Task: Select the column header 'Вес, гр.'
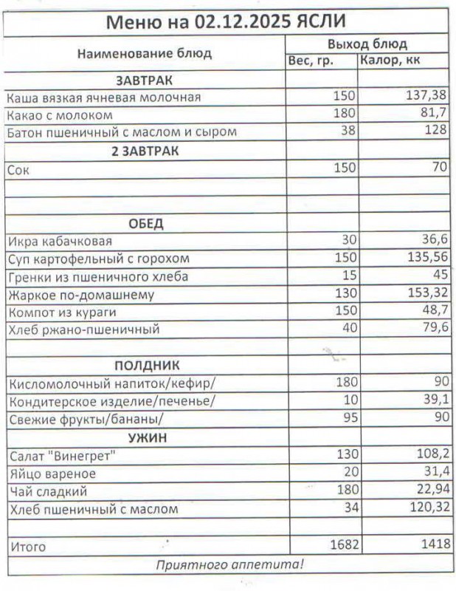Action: (x=311, y=61)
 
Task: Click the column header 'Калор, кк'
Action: (x=390, y=61)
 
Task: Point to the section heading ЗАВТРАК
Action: (x=145, y=80)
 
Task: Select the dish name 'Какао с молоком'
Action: (x=60, y=115)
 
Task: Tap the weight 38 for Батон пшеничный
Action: (x=348, y=131)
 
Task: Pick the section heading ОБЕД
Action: (x=146, y=223)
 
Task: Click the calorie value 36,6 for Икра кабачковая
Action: (x=432, y=240)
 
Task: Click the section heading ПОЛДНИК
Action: (x=147, y=366)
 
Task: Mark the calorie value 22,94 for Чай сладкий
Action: (x=429, y=491)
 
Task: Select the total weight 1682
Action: (x=341, y=545)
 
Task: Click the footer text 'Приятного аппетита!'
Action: (x=229, y=565)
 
